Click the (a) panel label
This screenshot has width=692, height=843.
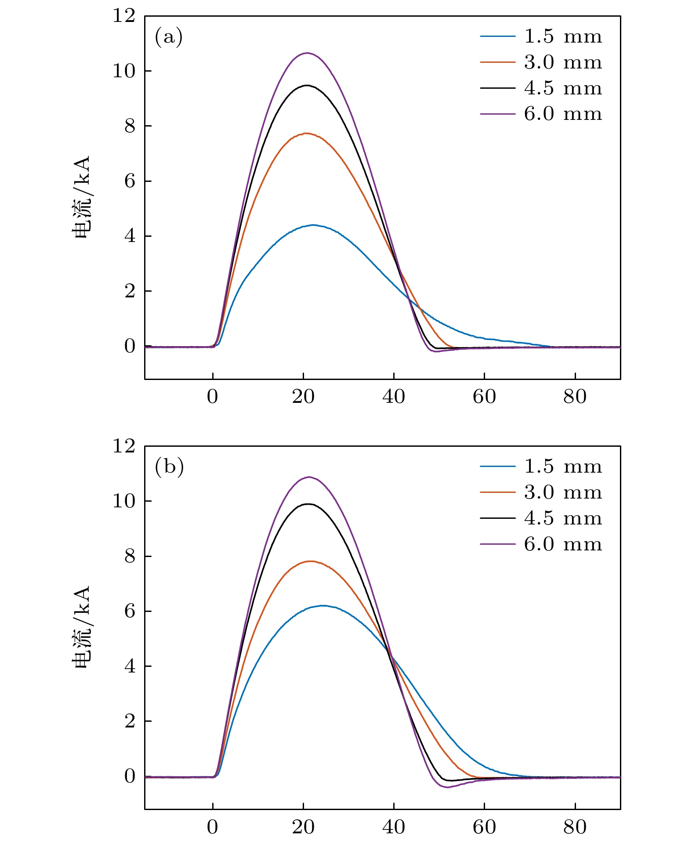(x=168, y=37)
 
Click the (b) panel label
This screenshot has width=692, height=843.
(x=169, y=467)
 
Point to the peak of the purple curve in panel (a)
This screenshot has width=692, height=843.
(x=307, y=53)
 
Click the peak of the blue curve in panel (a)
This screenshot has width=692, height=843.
(x=313, y=225)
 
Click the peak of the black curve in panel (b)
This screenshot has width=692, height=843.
(x=308, y=504)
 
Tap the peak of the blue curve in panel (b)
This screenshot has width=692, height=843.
(x=323, y=605)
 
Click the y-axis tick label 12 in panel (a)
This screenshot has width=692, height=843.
(x=124, y=16)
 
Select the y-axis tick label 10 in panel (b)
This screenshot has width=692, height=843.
(x=124, y=501)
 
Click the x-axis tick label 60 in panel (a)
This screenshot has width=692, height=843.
(x=484, y=397)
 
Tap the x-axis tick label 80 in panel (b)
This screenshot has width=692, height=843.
(x=575, y=827)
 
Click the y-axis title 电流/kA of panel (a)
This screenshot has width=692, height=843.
(x=82, y=197)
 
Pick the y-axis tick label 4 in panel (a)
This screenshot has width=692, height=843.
(x=130, y=236)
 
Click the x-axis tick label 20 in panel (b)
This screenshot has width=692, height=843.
(x=303, y=827)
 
